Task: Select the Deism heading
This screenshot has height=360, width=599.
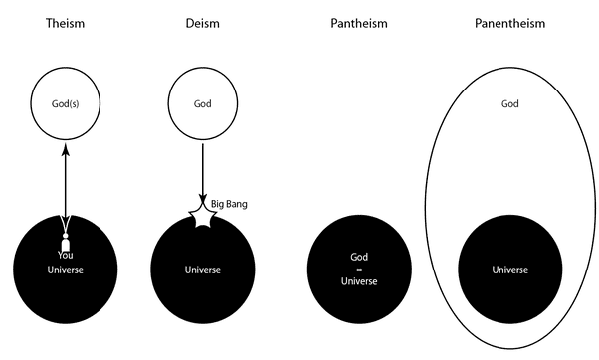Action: click(202, 21)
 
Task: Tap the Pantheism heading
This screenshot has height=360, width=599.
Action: click(359, 21)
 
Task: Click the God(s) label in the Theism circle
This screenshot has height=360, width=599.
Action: click(66, 103)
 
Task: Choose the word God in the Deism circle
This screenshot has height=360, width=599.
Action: click(202, 103)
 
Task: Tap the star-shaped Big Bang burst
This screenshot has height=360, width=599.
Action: click(204, 216)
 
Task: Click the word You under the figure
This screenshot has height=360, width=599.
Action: click(66, 255)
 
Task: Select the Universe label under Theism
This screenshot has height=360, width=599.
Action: click(66, 270)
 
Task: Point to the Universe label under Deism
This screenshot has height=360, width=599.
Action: click(202, 270)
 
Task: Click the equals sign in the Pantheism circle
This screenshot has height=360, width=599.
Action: click(359, 269)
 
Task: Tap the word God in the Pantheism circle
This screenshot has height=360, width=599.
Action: click(359, 256)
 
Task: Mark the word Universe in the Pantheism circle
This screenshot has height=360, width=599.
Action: click(359, 281)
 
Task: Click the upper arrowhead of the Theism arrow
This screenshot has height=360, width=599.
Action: click(66, 151)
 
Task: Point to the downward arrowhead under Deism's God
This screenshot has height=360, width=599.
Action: click(203, 200)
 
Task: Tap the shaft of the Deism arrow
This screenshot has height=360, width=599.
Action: click(203, 169)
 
